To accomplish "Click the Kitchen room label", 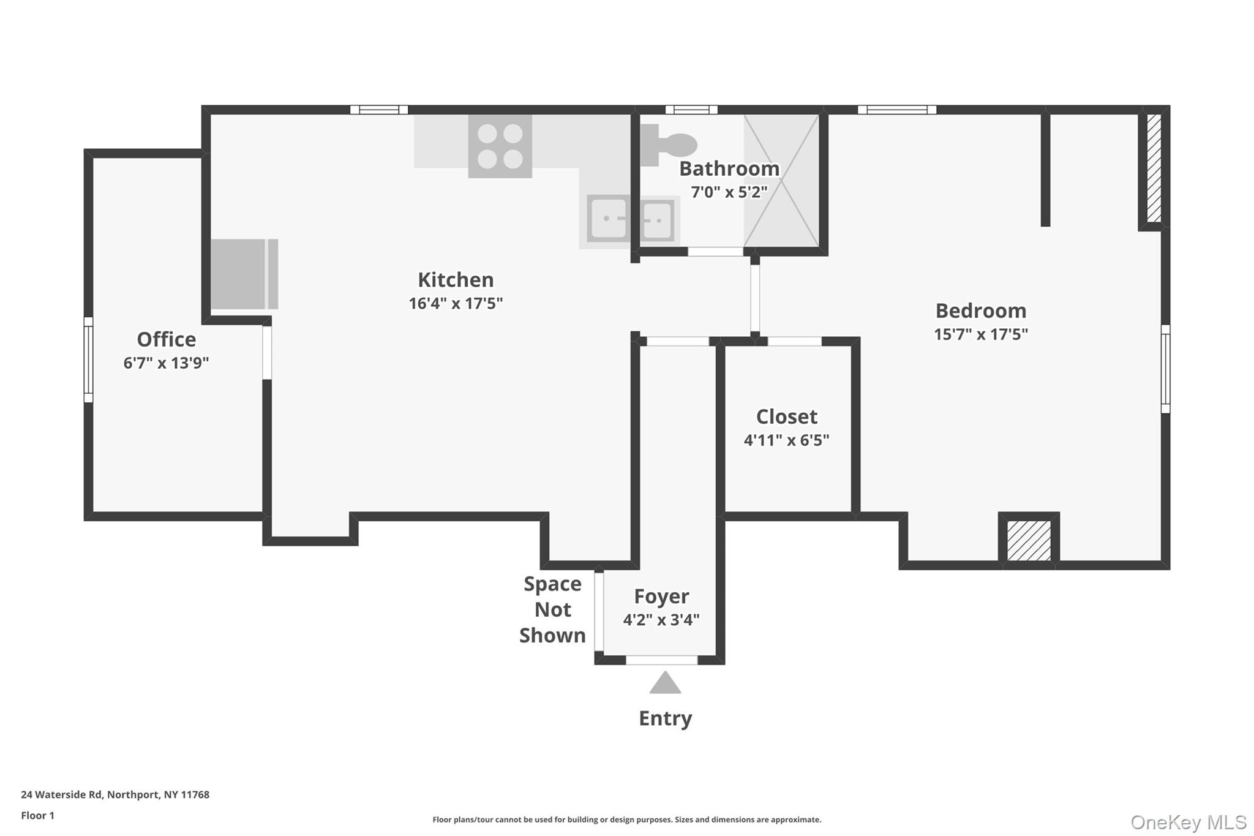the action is (x=456, y=280).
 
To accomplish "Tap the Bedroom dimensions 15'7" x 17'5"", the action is (x=980, y=334).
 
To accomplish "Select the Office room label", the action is (x=166, y=339).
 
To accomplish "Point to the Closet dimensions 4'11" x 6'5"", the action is (x=786, y=440).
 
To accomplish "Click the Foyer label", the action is (x=661, y=597).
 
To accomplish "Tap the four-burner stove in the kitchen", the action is (x=500, y=146).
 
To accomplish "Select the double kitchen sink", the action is (x=631, y=219).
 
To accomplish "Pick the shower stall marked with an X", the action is (x=781, y=181).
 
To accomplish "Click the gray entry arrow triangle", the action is (x=665, y=683).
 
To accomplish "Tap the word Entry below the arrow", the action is (x=665, y=718).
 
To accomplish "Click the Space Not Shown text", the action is (x=552, y=610).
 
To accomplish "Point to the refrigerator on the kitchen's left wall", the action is (x=244, y=274).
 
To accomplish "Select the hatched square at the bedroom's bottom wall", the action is (x=1029, y=540).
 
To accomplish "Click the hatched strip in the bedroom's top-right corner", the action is (x=1154, y=168).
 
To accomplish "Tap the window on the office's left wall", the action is (x=88, y=360).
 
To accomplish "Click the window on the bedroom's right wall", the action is (x=1165, y=369).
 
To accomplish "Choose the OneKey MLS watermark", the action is (x=1188, y=822).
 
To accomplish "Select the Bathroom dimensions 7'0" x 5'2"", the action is (x=729, y=192).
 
